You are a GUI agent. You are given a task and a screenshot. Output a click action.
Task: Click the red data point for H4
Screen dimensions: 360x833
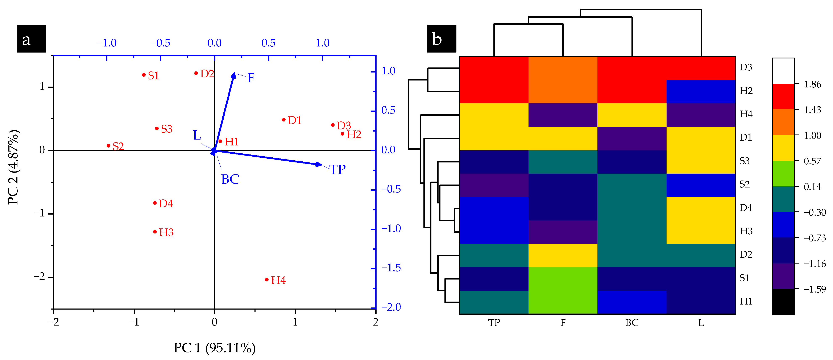click(x=267, y=280)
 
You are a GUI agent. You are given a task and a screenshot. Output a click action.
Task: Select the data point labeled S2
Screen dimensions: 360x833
click(x=109, y=146)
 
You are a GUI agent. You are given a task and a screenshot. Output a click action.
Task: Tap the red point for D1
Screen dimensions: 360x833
click(x=284, y=120)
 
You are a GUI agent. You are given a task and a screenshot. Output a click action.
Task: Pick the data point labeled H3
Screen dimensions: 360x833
click(x=155, y=232)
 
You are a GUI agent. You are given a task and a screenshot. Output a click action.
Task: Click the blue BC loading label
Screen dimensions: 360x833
click(x=230, y=179)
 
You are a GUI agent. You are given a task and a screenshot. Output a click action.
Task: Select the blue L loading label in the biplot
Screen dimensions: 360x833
click(x=197, y=135)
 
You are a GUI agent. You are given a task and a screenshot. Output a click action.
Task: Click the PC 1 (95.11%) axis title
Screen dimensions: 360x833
click(x=214, y=348)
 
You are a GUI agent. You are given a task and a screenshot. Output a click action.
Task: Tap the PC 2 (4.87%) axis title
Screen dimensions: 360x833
click(x=14, y=167)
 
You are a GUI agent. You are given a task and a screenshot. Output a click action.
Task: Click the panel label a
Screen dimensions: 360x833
click(x=31, y=39)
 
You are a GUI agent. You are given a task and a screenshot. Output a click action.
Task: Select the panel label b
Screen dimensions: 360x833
click(x=441, y=39)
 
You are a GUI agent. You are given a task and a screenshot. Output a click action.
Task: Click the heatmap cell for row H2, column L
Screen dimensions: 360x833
click(x=701, y=92)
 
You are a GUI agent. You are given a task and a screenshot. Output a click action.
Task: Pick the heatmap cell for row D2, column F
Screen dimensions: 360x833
click(x=563, y=255)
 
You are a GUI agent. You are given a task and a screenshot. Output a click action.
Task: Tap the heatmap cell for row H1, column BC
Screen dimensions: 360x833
click(x=631, y=302)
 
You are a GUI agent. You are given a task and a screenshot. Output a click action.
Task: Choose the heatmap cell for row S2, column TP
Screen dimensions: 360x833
click(x=494, y=185)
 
